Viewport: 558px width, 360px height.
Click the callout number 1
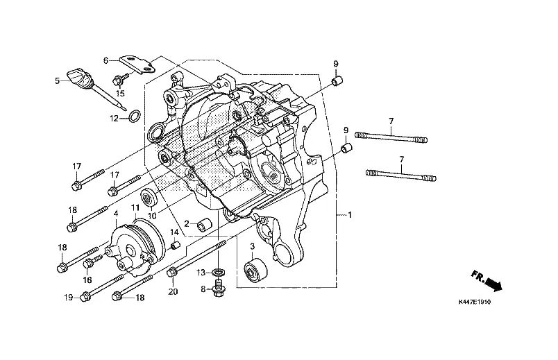[x=350, y=215]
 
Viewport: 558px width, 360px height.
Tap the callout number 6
[x=105, y=60]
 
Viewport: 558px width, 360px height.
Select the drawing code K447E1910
[x=475, y=302]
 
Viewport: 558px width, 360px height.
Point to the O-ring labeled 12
[x=134, y=116]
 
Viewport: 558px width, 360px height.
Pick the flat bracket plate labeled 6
[x=138, y=65]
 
